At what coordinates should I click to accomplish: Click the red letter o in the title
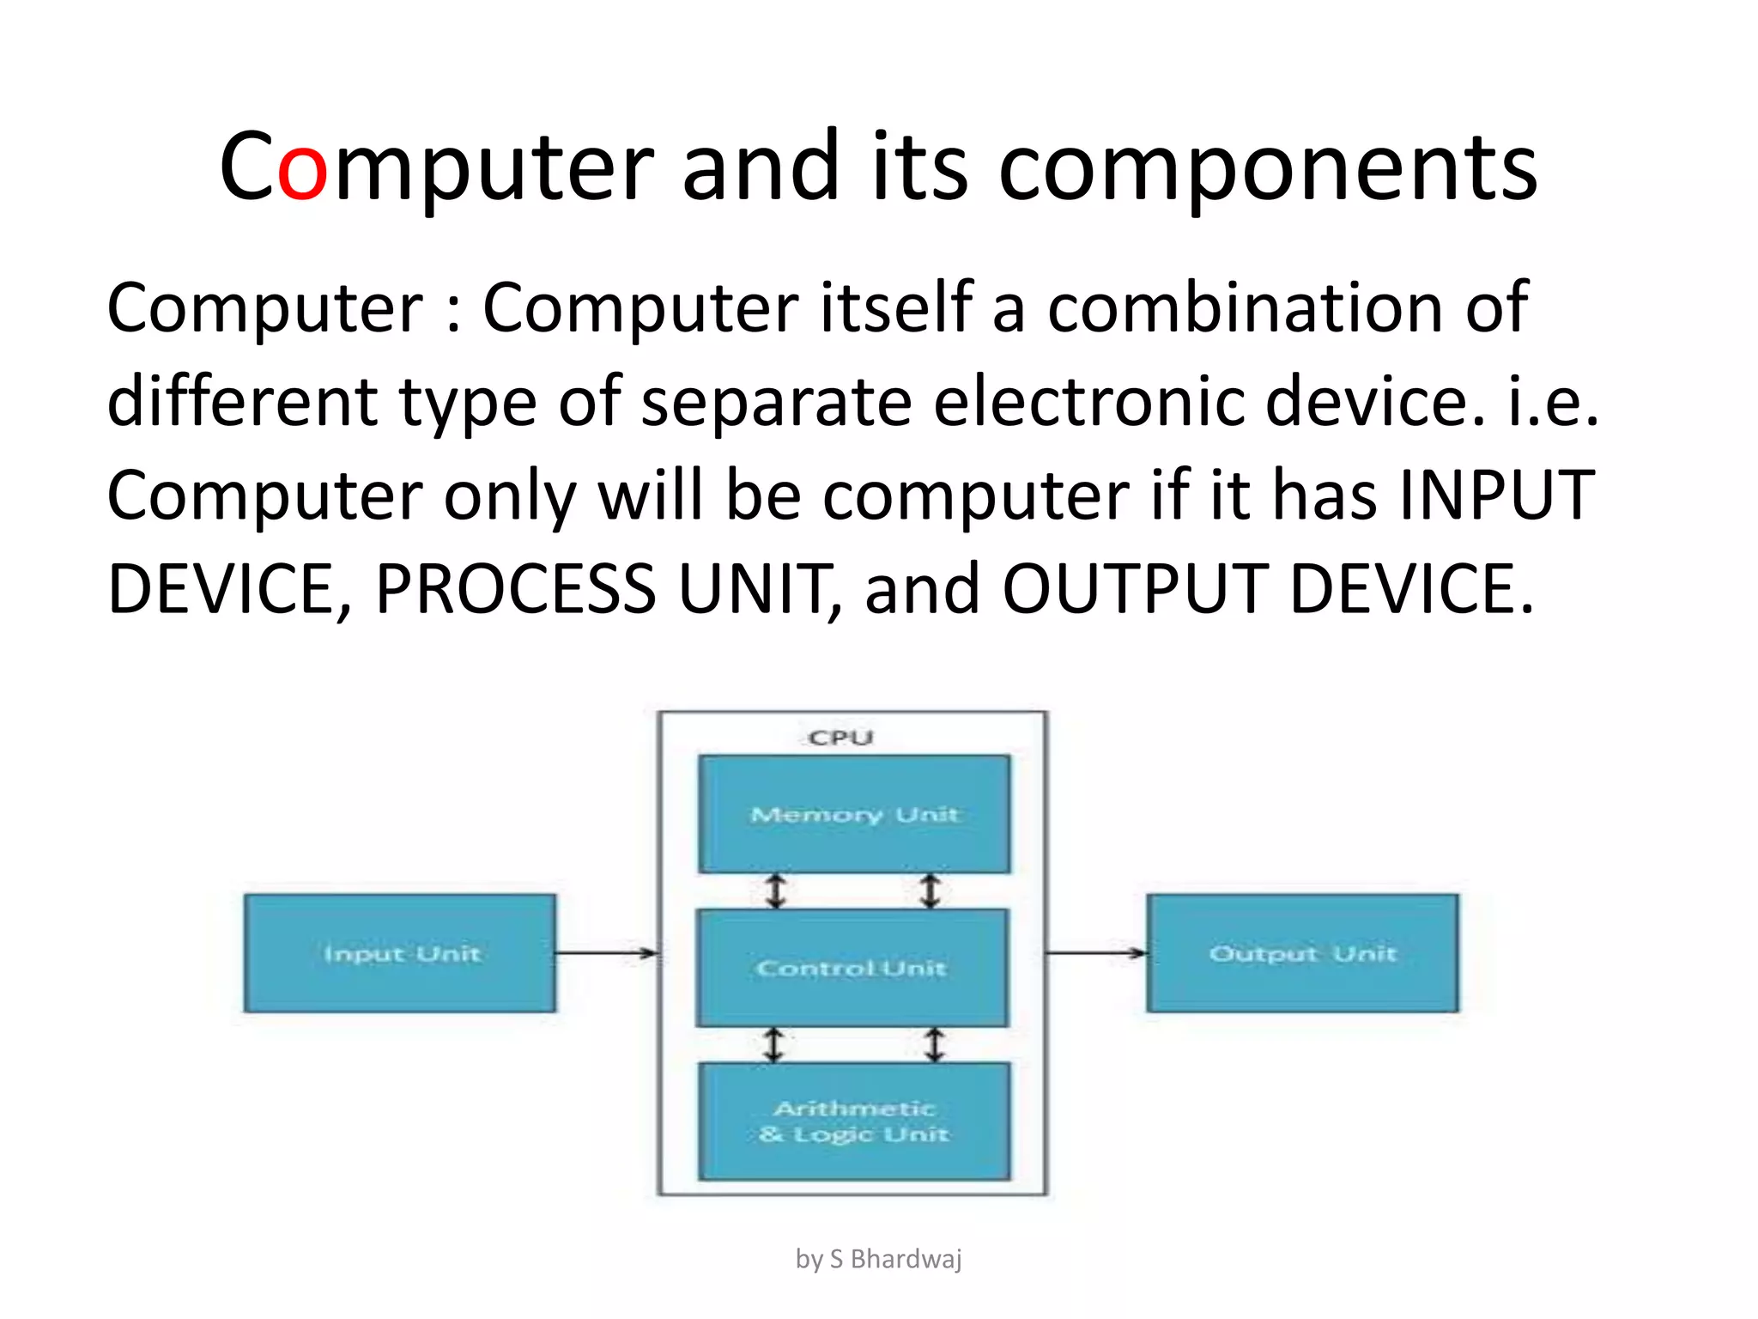tap(302, 169)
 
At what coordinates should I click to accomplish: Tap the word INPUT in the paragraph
tap(1496, 495)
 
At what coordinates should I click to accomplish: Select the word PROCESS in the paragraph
tap(516, 590)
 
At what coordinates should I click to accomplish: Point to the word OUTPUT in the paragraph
tap(1136, 590)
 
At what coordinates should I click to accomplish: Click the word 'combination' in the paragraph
tap(1246, 307)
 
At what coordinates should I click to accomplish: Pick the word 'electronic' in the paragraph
tap(1088, 401)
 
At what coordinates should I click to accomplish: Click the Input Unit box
tap(400, 953)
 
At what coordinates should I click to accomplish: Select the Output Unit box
tap(1302, 953)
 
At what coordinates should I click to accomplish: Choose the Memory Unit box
tap(854, 814)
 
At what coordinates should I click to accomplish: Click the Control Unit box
tap(852, 968)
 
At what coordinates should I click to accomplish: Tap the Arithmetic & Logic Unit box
tap(854, 1121)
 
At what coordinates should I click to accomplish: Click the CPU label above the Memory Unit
tap(840, 738)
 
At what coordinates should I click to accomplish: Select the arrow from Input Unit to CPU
tap(606, 952)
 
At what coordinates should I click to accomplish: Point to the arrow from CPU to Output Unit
tap(1096, 952)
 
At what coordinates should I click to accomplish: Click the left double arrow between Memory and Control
tap(776, 891)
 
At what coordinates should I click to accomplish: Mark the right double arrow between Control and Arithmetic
tap(934, 1045)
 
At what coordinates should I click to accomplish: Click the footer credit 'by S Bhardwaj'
tap(878, 1259)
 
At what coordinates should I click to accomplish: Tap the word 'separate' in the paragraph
tap(776, 401)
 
